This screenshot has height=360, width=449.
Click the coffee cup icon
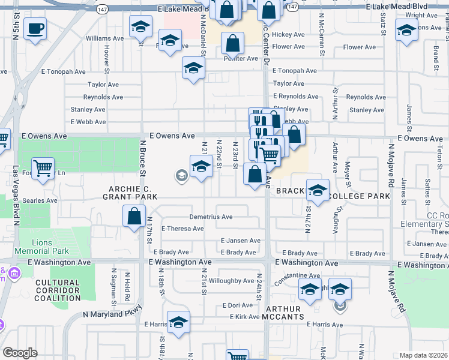click(x=35, y=28)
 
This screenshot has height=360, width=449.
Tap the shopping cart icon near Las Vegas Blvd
click(x=43, y=169)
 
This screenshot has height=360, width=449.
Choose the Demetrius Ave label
click(x=211, y=217)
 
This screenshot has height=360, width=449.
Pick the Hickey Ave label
click(x=289, y=35)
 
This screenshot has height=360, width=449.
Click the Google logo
click(x=20, y=353)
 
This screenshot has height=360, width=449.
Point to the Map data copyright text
click(x=423, y=355)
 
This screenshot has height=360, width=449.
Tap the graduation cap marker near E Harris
click(x=178, y=323)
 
